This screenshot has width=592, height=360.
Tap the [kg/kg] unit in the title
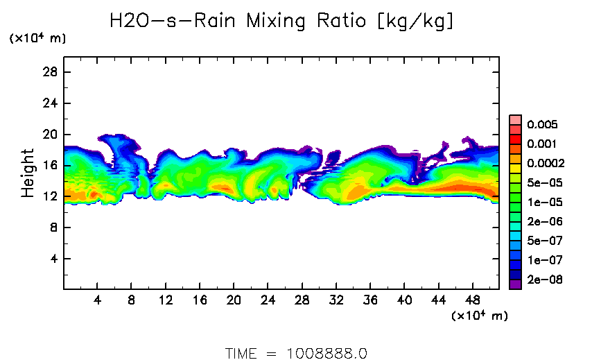coord(415,21)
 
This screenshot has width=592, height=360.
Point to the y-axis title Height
coord(28,173)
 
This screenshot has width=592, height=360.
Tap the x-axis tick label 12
coord(166,300)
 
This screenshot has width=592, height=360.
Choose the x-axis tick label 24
coord(268,300)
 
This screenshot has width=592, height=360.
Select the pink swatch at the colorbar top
coord(515,119)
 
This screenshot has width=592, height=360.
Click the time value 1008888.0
coord(327,353)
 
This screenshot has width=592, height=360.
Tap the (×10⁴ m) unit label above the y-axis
coord(37,39)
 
